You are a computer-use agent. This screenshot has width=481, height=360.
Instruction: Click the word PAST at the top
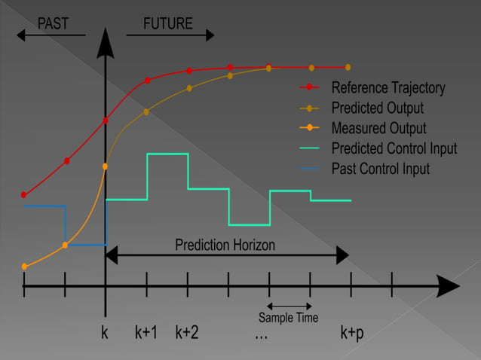pos(53,23)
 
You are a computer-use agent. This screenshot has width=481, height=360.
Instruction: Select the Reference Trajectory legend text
pos(388,88)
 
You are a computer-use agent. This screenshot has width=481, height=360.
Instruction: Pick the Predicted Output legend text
pos(377,108)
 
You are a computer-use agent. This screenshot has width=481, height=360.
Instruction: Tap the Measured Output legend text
pos(378,129)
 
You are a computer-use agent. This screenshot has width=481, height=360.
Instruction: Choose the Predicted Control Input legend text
pos(394,149)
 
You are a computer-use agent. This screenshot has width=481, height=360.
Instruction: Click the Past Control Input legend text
pos(381,169)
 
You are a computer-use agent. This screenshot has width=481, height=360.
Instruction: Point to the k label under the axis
pos(105,332)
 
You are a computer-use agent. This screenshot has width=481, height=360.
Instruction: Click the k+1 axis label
pos(146,332)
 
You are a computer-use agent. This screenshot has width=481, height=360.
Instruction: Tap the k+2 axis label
pos(187,332)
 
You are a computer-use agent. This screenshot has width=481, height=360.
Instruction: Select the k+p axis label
pos(351,332)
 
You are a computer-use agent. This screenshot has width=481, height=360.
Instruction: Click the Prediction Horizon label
pos(225,246)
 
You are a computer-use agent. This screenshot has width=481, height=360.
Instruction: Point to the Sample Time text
pos(288,318)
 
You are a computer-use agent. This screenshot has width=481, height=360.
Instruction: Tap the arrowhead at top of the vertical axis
pos(106,47)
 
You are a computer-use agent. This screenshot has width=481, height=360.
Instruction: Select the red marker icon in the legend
pos(309,88)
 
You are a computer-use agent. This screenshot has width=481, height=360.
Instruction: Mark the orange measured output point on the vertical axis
pos(106,166)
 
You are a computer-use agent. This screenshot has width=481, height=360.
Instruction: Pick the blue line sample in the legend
pos(309,169)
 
